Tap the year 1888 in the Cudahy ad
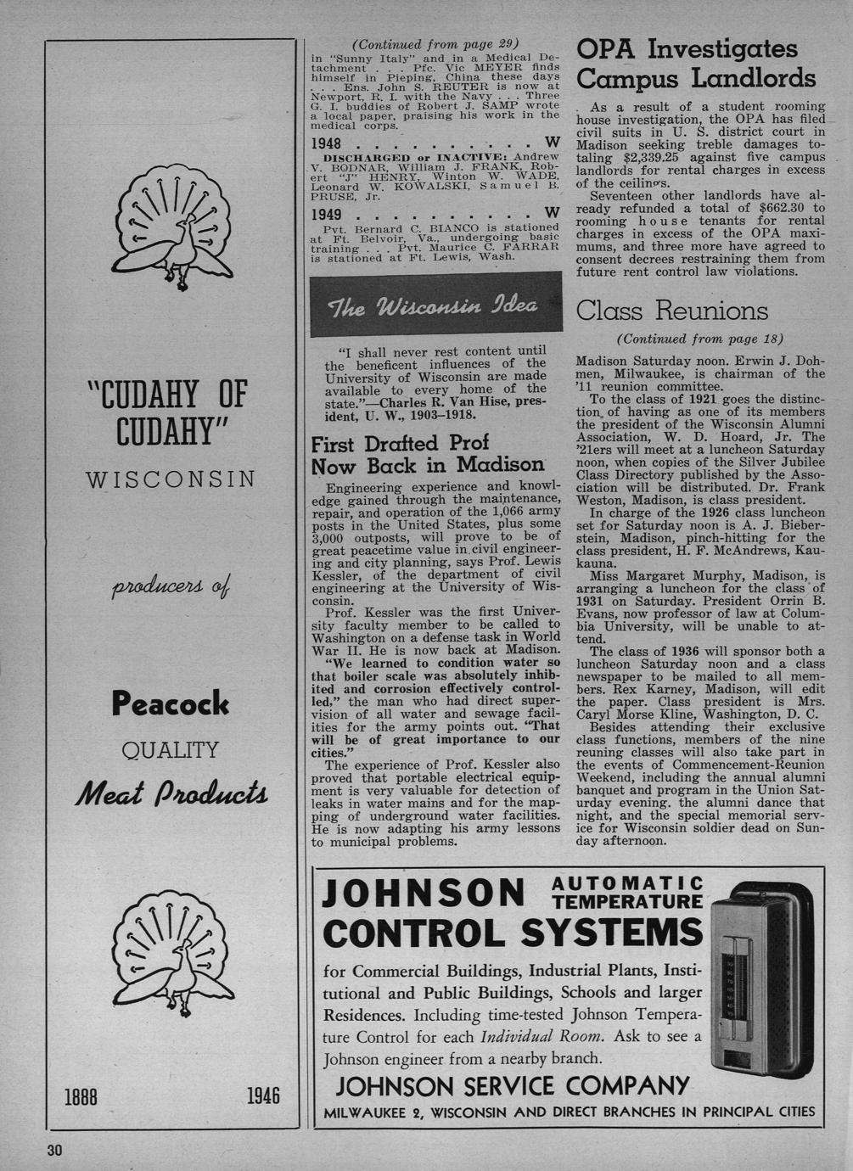(x=81, y=1096)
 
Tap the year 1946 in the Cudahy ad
(x=263, y=1095)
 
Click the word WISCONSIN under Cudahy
(x=171, y=479)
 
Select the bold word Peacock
(x=171, y=703)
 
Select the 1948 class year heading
(x=327, y=143)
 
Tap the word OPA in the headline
(x=608, y=50)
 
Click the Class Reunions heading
(x=672, y=311)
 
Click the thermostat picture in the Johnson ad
(x=760, y=980)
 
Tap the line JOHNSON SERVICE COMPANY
(x=513, y=1085)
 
